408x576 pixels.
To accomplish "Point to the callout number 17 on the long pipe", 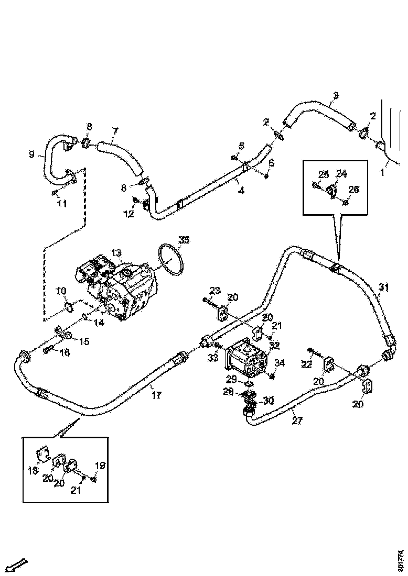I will coord(157,395).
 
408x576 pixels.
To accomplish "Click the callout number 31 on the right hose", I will coord(384,287).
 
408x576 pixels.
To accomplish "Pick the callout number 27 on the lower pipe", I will coord(297,420).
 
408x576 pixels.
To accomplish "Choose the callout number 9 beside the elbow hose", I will coord(32,154).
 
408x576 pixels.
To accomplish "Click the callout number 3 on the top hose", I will coord(336,95).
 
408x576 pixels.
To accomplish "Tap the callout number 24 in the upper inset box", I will coord(341,173).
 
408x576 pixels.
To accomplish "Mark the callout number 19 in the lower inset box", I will coord(99,465).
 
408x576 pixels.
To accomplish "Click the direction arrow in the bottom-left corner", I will coord(18,565).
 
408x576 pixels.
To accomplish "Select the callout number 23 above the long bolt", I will coord(215,290).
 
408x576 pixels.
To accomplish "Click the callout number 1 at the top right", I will coord(383,172).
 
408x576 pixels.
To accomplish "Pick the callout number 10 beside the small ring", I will coord(61,290).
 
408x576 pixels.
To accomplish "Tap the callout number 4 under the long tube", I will coord(241,191).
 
